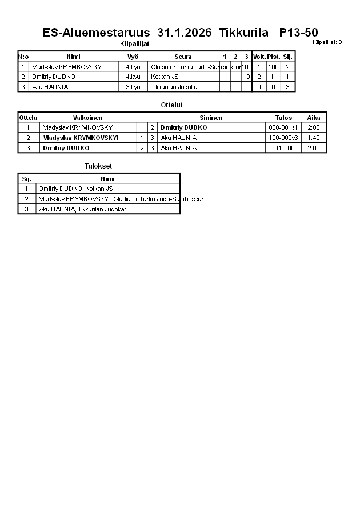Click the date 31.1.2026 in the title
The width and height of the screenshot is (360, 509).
(184, 33)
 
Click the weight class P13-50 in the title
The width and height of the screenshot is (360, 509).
(298, 33)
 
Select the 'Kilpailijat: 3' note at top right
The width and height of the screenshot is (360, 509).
(327, 42)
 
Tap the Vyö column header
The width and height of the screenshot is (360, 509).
(133, 57)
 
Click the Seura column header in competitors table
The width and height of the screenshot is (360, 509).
(183, 57)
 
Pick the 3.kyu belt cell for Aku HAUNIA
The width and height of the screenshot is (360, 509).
(133, 87)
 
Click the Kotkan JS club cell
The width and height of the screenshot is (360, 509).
(165, 77)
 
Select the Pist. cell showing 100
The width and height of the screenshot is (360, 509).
(273, 67)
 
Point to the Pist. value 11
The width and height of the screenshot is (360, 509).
(273, 77)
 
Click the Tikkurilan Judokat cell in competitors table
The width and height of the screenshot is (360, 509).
(175, 87)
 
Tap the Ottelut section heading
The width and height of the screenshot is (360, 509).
(171, 105)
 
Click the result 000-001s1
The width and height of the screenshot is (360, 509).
(283, 128)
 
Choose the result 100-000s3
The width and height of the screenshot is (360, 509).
(283, 138)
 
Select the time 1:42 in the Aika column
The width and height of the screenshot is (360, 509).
(313, 138)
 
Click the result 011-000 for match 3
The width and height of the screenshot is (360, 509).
(283, 148)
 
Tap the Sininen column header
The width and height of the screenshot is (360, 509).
(211, 118)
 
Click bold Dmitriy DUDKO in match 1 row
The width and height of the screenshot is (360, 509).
(183, 128)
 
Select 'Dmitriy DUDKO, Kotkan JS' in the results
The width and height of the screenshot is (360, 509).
(76, 189)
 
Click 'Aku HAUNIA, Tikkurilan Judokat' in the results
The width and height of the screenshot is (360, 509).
(82, 209)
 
